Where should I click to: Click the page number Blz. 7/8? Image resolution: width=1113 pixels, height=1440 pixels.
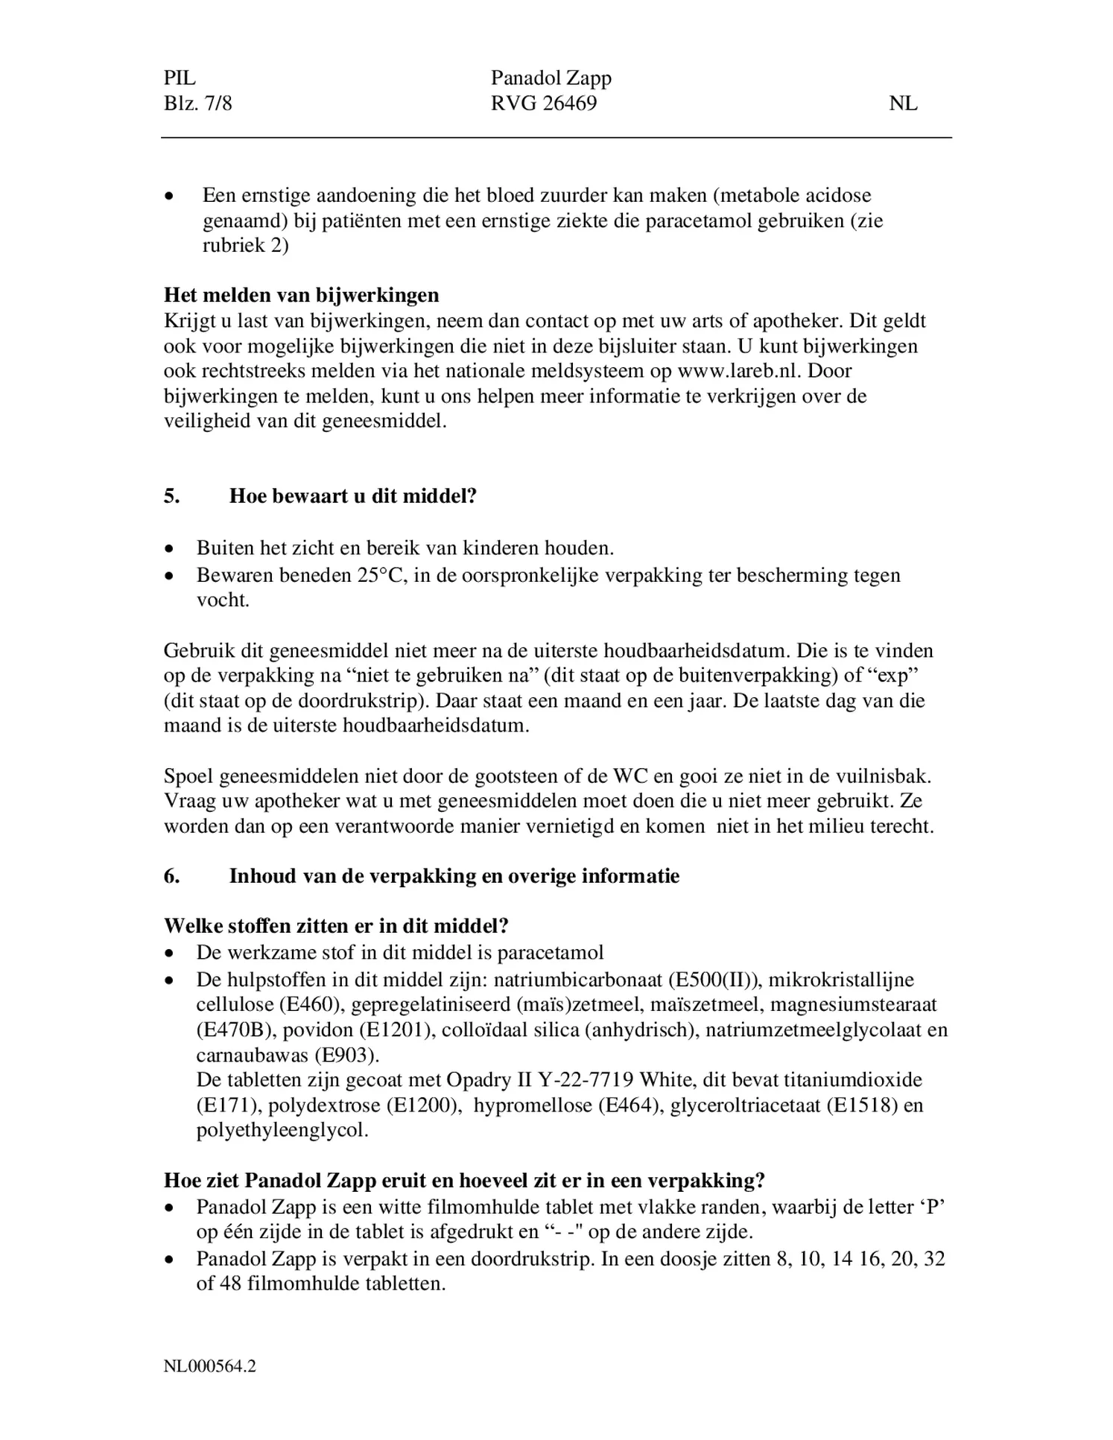point(197,103)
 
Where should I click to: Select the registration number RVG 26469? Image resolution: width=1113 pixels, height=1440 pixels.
point(543,103)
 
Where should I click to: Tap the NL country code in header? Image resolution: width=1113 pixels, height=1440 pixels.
point(902,104)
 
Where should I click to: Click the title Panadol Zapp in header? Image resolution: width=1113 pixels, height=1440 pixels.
point(551,78)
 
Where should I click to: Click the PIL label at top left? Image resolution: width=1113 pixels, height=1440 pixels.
point(180,78)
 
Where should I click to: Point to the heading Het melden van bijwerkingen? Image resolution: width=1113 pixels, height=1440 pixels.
point(301,295)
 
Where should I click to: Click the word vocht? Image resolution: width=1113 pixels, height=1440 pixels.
point(222,600)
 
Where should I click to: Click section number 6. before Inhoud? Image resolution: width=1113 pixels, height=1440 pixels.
point(172,876)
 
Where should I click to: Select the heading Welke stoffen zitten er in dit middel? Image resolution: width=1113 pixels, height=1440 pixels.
point(336,926)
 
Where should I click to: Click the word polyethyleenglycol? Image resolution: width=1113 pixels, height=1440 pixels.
point(282,1130)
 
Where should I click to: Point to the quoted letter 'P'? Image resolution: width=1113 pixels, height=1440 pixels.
point(934,1207)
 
